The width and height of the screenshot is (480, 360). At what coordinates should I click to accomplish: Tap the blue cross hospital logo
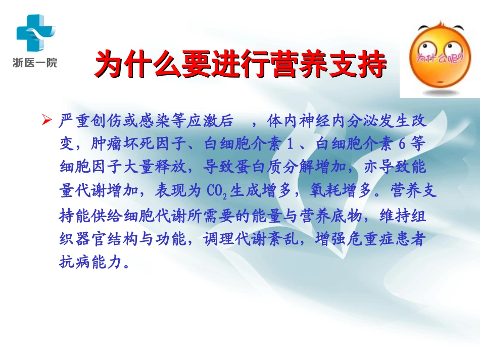[35, 32]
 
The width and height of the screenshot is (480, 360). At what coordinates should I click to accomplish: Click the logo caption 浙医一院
[35, 63]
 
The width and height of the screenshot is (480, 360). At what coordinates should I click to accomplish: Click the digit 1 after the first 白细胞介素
[290, 144]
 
